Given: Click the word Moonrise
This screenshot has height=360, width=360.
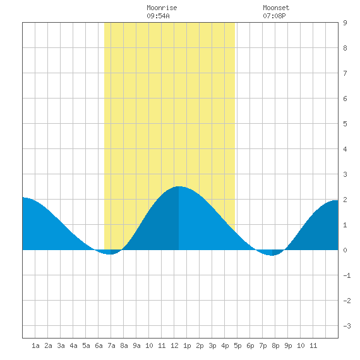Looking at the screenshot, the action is [162, 8].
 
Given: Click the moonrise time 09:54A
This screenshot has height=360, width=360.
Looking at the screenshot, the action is [158, 16].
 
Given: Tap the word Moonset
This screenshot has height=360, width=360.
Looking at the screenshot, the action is [276, 8].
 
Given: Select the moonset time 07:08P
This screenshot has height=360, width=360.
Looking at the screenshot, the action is [274, 16].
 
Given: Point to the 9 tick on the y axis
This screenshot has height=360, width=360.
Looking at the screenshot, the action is [345, 23].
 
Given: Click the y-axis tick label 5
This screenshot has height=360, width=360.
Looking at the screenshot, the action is [345, 124].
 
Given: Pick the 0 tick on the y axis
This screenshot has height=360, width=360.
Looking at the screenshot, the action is [345, 250].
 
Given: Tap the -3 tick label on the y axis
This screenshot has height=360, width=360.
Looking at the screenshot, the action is [347, 326].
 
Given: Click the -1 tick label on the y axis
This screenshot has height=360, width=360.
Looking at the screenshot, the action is [347, 275].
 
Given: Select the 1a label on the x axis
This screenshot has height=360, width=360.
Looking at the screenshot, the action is [35, 345].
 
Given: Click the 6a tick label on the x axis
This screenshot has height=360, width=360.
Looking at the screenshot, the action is [99, 345].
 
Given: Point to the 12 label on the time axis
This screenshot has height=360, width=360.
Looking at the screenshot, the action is [174, 345].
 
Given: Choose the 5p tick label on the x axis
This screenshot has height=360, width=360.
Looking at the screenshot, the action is [237, 345].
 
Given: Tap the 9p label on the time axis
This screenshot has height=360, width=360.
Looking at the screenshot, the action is [288, 345].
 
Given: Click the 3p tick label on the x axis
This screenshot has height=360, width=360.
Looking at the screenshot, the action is [212, 345].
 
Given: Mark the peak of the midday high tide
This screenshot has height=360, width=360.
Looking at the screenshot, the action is [179, 186].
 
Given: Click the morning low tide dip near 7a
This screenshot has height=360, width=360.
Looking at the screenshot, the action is [110, 254].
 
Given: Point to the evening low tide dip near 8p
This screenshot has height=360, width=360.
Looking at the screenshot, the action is [272, 255].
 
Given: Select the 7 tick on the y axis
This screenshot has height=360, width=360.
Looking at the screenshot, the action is [345, 73].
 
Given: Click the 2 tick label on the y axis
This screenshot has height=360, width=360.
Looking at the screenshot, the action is [345, 200].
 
